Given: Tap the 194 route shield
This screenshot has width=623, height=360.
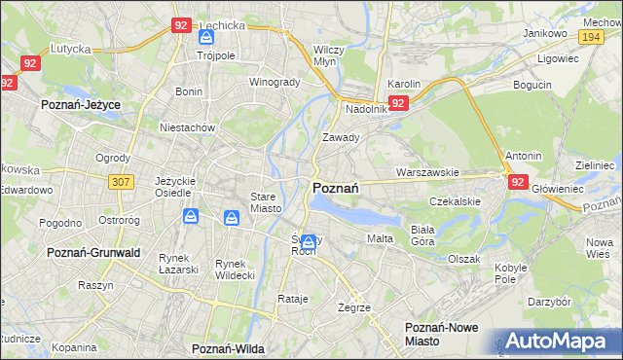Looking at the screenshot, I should coord(588,35).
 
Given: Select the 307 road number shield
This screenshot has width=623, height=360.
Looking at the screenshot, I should coord(121,181).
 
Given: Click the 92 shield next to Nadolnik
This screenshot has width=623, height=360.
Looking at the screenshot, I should coord(398,103).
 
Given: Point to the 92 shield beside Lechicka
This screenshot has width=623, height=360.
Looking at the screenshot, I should coord(180,25).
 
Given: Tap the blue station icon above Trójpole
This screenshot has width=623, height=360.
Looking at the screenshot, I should coord(205,37).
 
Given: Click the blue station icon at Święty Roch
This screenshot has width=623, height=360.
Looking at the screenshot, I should coord(309,241).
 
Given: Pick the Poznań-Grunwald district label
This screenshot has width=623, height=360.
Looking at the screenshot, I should coord(94,252).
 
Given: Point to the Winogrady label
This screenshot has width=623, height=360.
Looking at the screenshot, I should coord(275,82).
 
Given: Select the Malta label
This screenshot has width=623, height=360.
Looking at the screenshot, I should coord(379,238).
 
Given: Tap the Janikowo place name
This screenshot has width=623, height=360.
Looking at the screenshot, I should coord(545,33).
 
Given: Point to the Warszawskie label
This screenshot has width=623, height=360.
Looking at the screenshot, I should coord(427,172).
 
